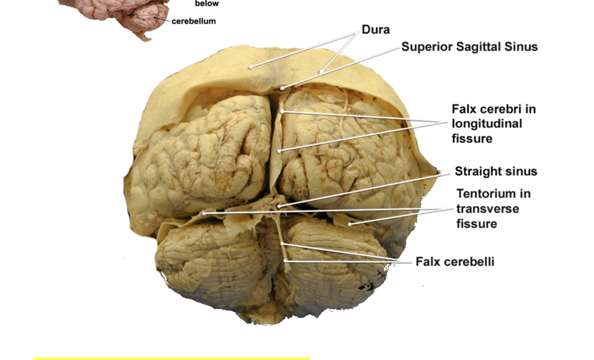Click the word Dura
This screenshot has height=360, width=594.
pos(375,30)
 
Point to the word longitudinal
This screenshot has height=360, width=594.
pos(487,123)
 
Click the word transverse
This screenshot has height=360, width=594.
pos(488,208)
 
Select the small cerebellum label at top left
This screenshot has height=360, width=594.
pos(193,21)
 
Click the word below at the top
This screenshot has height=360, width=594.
pos(207,4)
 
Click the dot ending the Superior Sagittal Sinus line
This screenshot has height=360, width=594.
pos(282,89)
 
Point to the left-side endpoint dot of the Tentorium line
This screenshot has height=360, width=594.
pos(203,214)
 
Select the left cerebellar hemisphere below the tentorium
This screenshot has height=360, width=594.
pos(209,263)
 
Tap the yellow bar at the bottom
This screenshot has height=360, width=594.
pos(171,358)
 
